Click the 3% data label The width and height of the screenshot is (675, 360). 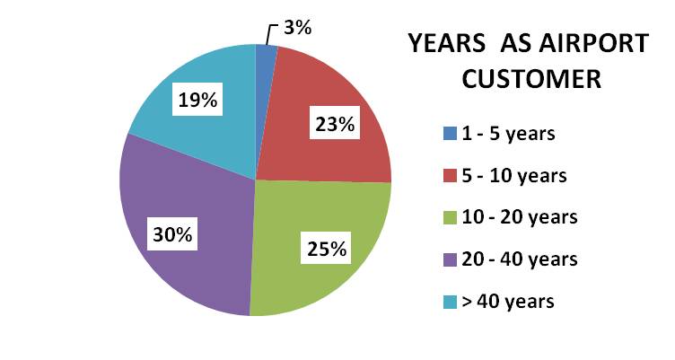297,28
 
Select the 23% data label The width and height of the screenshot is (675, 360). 331,125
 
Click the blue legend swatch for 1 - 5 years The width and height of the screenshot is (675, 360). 449,134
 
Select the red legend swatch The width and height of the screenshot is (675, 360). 449,176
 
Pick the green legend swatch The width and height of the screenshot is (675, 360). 449,217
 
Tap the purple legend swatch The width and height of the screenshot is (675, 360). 449,259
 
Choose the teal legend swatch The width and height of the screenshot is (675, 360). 449,301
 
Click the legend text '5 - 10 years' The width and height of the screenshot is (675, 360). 515,176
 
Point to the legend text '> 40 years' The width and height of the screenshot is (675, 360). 509,301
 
